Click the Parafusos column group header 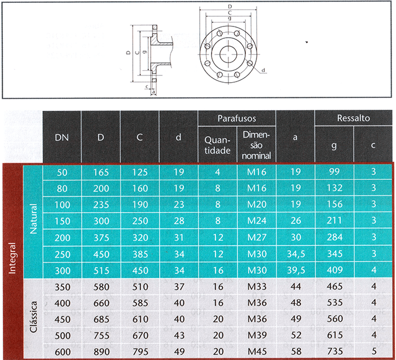237,118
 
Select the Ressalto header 353,118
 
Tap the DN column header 62,137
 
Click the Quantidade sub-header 218,145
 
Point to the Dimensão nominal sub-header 256,145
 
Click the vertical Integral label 12,258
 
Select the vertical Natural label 33,219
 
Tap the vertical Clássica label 33,317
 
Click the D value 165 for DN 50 101,172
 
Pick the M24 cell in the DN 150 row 257,221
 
